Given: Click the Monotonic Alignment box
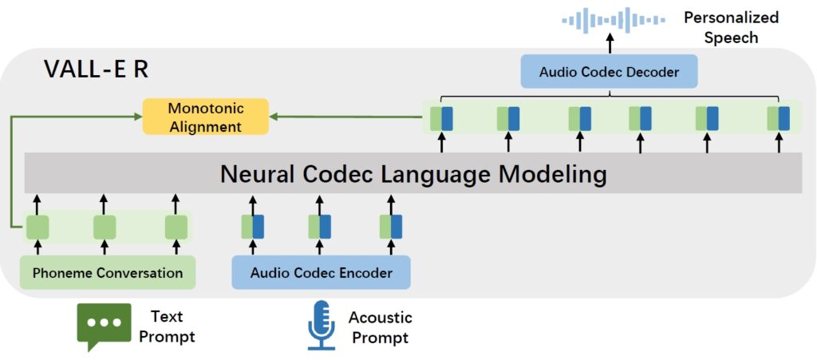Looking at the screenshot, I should coord(205,117).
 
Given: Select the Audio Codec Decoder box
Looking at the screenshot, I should coord(609,72).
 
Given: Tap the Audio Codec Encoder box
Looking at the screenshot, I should coord(321,273).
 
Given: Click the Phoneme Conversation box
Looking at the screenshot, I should coord(107,273).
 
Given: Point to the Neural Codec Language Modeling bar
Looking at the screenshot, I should coord(413,173).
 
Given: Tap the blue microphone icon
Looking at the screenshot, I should coord(322,325).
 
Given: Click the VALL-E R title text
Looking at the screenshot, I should coord(96,69).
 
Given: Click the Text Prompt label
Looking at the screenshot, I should coord(167,326).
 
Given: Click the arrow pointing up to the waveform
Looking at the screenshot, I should coord(610,42).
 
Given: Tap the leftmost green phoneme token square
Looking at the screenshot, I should coord(37,227).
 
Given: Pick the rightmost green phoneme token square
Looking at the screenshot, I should coord(176,227).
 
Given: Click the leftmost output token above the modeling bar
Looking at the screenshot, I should coord(441,118).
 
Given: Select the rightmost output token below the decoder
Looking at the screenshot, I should coord(779,118).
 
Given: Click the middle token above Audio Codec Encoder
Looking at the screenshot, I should coord(320,227).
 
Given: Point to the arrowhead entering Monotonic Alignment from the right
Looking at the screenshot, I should coord(274,117).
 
